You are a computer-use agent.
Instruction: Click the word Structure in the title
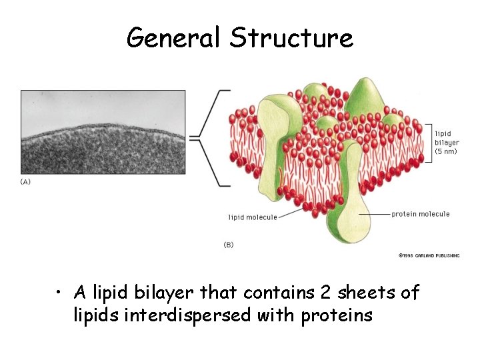pos(291,38)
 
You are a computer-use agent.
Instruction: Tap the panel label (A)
pos(25,181)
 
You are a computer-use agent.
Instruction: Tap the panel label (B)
pos(228,245)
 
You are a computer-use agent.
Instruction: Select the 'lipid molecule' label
pos(253,217)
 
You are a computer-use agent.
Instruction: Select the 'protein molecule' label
pos(420,214)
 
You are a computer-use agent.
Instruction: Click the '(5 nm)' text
pos(446,151)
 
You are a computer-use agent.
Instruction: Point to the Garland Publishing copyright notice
pos(429,255)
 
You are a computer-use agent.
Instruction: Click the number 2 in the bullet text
pos(319,293)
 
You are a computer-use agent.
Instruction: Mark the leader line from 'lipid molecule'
pos(290,213)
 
